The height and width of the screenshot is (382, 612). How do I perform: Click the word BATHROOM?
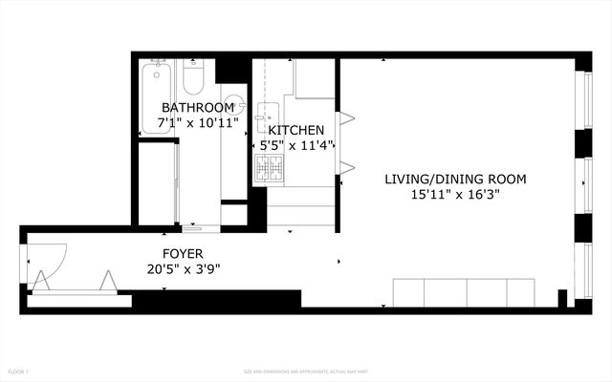(x=198, y=107)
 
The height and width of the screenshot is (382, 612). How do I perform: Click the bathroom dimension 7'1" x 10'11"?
(x=198, y=122)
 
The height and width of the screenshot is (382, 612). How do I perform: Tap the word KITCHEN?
(x=295, y=130)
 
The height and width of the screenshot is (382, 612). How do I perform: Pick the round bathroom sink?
(x=233, y=104)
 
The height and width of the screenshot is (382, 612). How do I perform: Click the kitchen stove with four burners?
(x=270, y=170)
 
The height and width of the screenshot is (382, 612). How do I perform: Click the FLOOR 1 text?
(x=19, y=371)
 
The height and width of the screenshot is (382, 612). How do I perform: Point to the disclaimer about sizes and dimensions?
(x=305, y=371)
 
